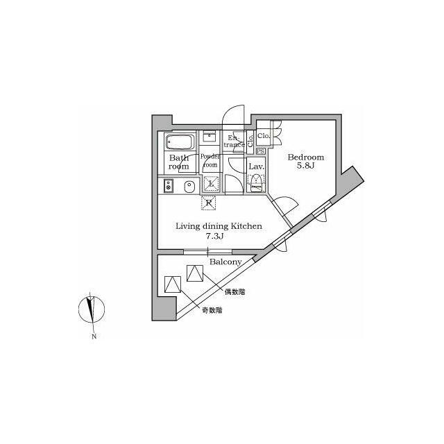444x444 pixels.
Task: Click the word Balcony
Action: [x=225, y=262]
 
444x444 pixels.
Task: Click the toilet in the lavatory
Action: [x=256, y=183]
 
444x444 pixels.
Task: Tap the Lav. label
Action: [x=255, y=166]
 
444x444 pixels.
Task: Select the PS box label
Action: [x=261, y=151]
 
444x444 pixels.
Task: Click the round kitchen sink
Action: [x=189, y=186]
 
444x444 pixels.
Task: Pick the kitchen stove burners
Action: [x=167, y=186]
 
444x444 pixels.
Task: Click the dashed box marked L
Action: [x=212, y=184]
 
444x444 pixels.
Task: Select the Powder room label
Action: [x=210, y=161]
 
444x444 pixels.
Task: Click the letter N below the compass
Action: [x=92, y=337]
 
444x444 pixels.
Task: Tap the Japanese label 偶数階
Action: [x=234, y=293]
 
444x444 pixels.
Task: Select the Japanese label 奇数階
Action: [x=212, y=311]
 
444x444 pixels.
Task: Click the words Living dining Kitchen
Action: [x=218, y=226]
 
